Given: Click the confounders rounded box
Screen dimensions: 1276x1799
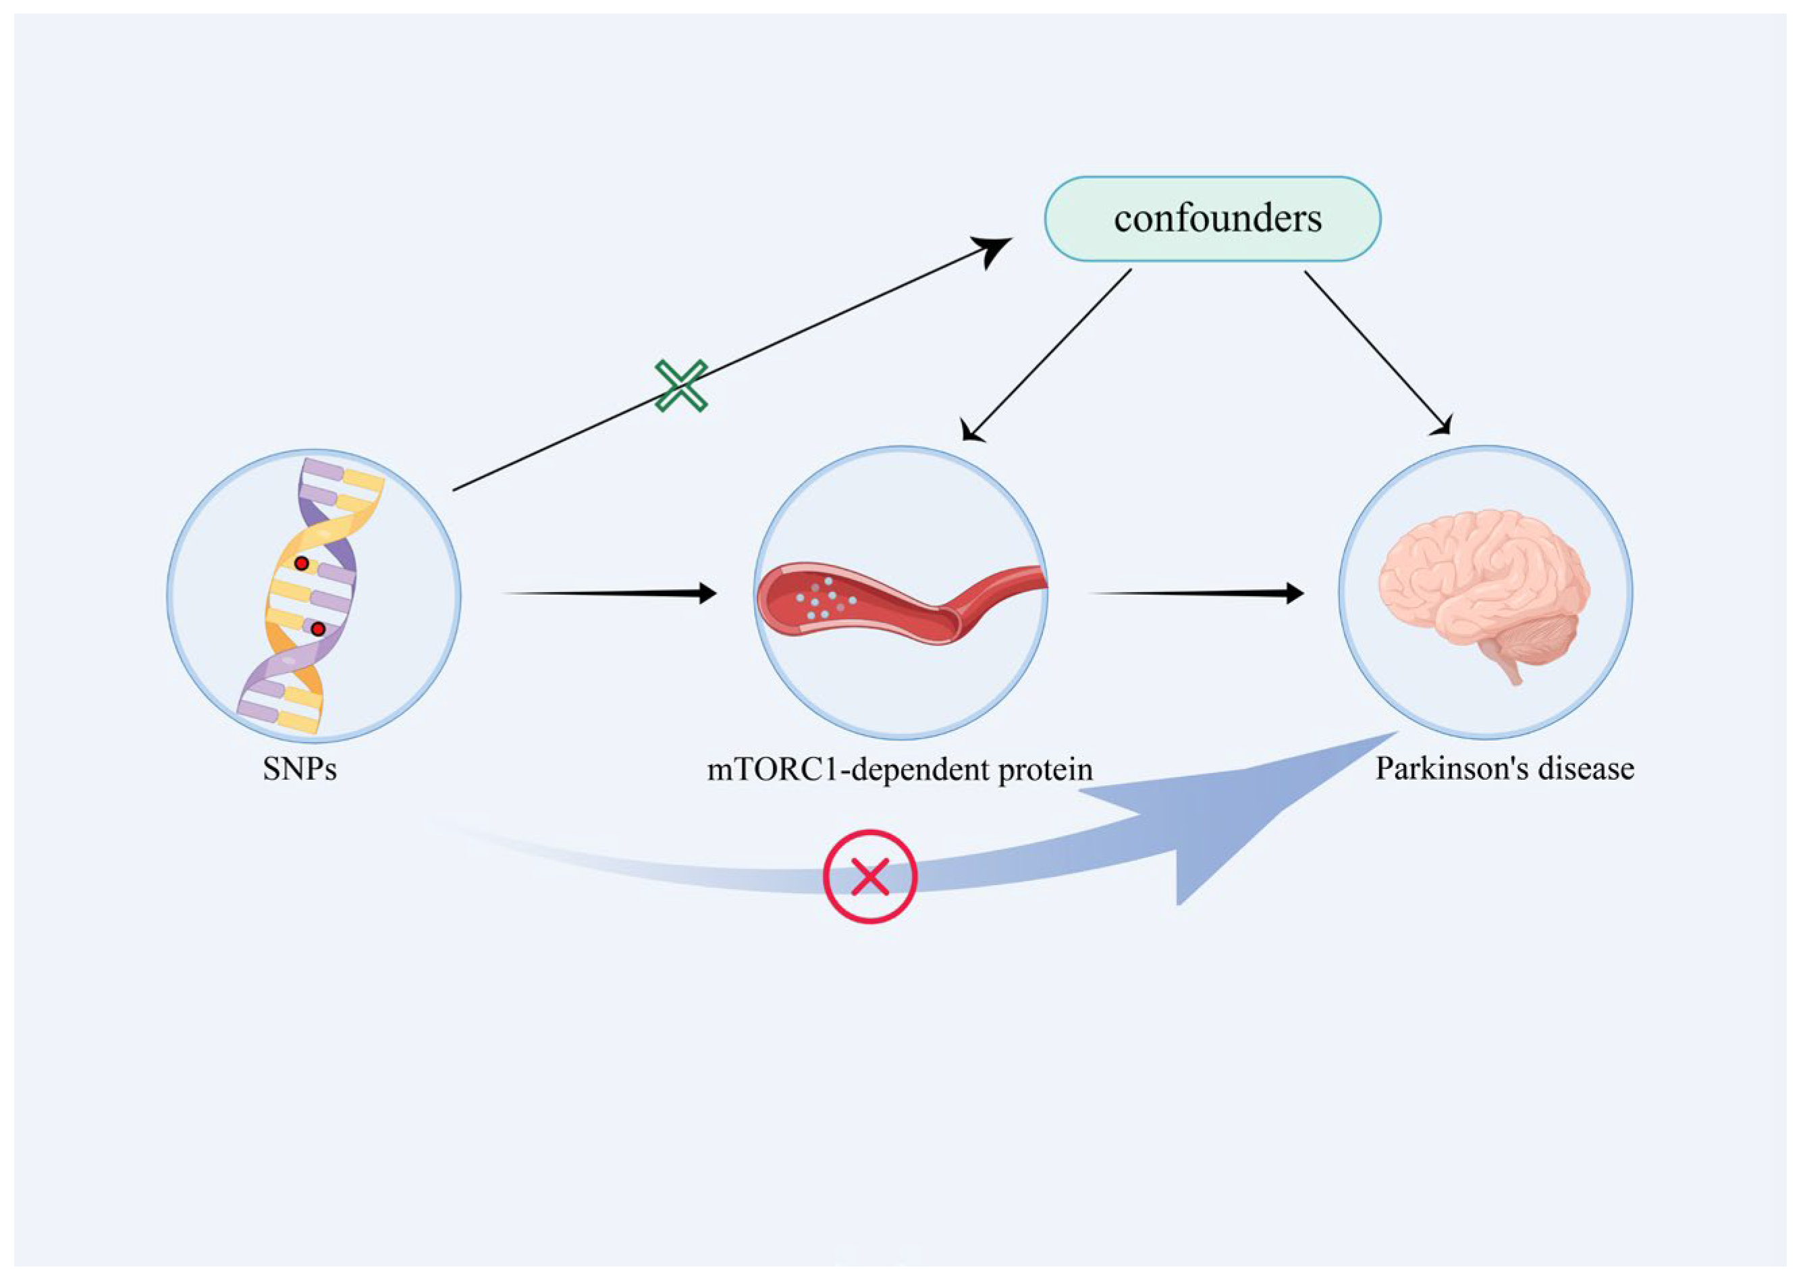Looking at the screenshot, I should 1212,219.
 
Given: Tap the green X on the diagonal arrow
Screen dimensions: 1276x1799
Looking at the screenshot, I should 681,385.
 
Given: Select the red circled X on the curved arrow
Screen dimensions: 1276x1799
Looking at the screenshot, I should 869,876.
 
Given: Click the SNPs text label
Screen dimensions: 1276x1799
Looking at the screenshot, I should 299,769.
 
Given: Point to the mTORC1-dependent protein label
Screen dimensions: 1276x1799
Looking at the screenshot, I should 899,769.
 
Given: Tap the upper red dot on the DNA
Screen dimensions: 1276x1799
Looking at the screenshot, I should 301,563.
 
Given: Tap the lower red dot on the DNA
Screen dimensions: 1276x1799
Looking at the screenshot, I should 317,629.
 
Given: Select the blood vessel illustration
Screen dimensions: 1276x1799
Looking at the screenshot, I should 903,601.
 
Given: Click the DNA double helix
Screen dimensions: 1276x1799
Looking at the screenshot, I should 311,597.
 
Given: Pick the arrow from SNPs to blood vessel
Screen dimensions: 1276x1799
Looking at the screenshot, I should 609,593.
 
